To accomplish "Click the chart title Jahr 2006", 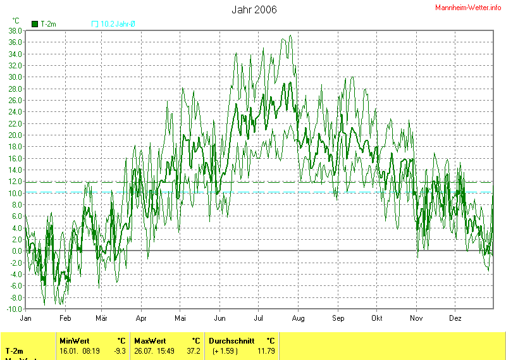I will click(x=254, y=9).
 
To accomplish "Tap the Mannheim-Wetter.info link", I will click(x=468, y=7).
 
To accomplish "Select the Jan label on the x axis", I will click(x=27, y=318).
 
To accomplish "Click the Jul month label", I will click(x=259, y=318).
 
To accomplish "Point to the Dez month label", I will click(x=455, y=318).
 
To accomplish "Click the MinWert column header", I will click(x=74, y=340).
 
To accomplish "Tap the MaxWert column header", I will click(x=149, y=340).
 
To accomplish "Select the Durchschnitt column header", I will click(x=231, y=340).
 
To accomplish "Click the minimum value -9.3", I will click(x=119, y=351).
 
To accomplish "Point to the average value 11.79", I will click(x=266, y=351).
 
